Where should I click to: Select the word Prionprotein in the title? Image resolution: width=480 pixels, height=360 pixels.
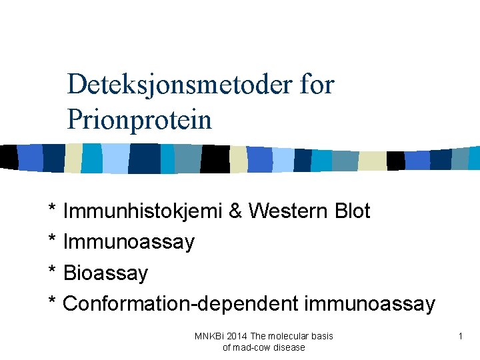click(139, 121)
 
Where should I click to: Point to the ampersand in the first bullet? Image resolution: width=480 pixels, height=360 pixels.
click(235, 211)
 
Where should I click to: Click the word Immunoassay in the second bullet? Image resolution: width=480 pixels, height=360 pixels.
click(129, 242)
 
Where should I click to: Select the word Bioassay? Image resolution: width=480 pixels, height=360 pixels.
click(105, 273)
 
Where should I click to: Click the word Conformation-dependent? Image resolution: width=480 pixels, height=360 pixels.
click(181, 304)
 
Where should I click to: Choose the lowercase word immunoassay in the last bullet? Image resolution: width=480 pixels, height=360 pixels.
click(369, 304)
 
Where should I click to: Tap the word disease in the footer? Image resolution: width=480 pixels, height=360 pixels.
click(289, 347)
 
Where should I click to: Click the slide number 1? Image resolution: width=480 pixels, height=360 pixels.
click(460, 337)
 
